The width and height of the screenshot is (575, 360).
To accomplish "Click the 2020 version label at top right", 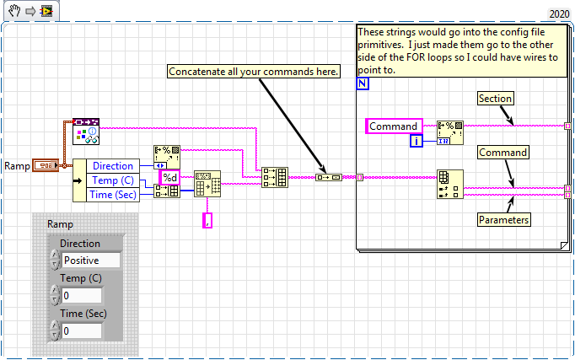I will pos(559,14).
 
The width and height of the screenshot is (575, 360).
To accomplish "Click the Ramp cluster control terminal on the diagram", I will pos(46,166).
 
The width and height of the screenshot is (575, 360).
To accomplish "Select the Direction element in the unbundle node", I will pos(112,166).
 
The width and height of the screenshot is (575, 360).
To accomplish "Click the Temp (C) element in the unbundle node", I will pos(112,180).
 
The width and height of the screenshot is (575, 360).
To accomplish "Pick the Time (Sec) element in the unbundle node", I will pos(112,194).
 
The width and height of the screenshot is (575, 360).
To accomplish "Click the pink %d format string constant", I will pos(169,177).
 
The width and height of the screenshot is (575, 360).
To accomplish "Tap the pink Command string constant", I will pos(394,126).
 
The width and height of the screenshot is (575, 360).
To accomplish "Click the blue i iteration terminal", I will pos(416,141).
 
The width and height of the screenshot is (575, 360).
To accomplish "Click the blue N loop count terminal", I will pos(362,85).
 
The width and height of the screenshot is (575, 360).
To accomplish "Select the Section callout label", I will pos(495,99).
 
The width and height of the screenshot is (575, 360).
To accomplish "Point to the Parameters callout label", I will pos(504,220).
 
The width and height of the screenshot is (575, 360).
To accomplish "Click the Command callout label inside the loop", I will pos(503,153).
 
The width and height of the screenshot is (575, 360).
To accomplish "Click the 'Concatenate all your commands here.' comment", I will pos(254,72).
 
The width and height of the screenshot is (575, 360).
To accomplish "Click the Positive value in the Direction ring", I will pos(90,261).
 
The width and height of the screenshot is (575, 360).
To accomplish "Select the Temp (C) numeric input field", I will pos(81,296).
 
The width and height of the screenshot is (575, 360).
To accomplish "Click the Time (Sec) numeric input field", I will pos(81,331).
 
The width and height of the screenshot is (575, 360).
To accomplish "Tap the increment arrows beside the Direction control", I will pos(55,261).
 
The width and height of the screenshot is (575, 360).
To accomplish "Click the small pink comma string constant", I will pos(207,220).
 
